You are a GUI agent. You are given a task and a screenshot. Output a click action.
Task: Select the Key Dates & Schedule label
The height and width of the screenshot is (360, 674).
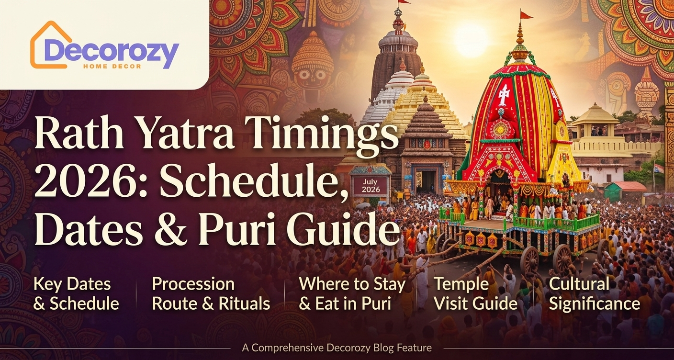pyautogui.click(x=76, y=293)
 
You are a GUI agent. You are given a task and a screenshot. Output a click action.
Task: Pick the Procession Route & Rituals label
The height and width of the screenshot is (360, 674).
pyautogui.click(x=211, y=293)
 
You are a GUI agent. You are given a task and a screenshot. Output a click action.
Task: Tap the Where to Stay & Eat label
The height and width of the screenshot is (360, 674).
pyautogui.click(x=352, y=293)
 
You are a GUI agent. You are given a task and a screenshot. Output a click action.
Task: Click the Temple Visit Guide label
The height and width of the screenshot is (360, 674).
pyautogui.click(x=475, y=293)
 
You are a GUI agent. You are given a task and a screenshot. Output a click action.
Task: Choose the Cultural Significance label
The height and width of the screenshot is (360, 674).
pyautogui.click(x=594, y=293)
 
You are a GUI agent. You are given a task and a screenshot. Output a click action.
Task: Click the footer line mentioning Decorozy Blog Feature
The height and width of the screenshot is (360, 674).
pyautogui.click(x=337, y=348)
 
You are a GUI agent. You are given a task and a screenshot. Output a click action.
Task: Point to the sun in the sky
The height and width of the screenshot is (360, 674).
pyautogui.click(x=472, y=40)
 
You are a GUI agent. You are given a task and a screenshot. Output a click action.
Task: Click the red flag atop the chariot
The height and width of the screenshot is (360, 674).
pyautogui.click(x=526, y=15)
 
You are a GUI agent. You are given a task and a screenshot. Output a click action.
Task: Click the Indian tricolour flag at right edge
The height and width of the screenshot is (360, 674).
pyautogui.click(x=659, y=169)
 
